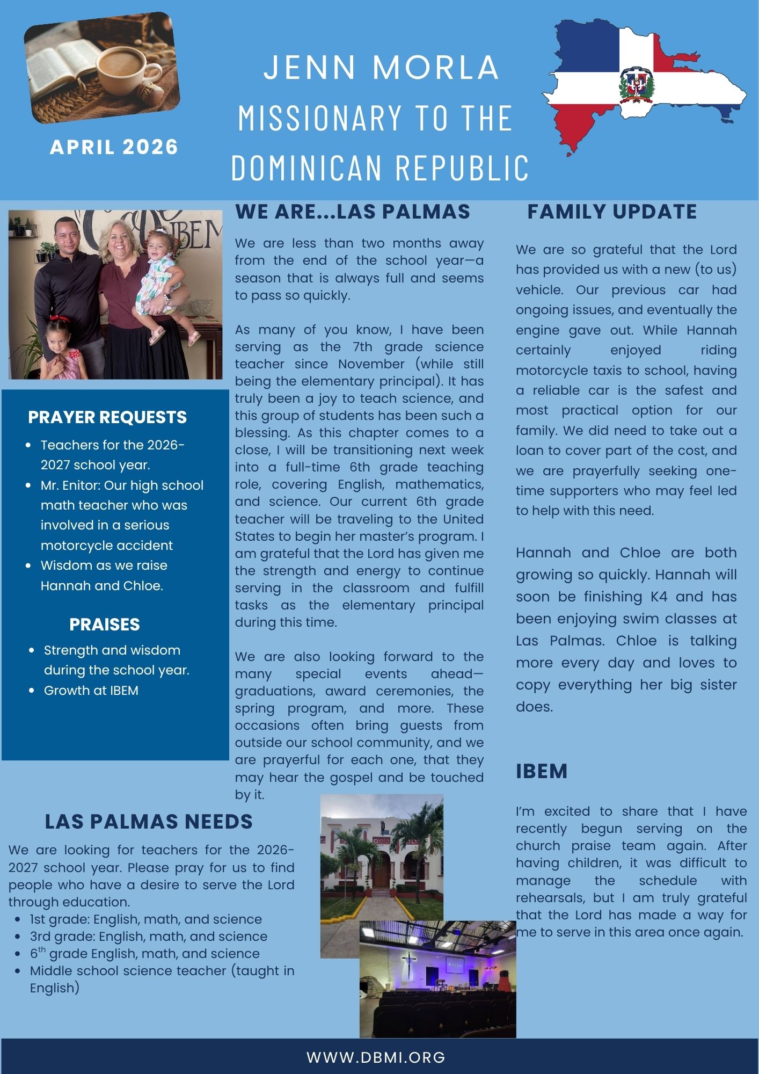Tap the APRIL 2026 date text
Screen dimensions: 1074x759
pos(114,147)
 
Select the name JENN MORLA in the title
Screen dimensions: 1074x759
pos(382,68)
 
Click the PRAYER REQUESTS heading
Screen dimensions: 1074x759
pos(107,417)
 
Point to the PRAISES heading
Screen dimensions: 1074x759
pos(105,625)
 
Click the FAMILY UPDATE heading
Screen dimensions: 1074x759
pos(612,212)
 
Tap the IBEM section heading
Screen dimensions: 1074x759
pos(542,771)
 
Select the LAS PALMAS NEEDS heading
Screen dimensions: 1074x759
pos(149,822)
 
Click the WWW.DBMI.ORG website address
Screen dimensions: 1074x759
pos(376,1057)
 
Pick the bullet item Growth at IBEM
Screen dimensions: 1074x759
pos(91,691)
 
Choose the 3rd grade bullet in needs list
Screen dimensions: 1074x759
pos(149,936)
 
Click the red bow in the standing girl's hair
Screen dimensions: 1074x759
pos(61,321)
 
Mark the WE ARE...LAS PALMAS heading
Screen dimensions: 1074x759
pos(352,212)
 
